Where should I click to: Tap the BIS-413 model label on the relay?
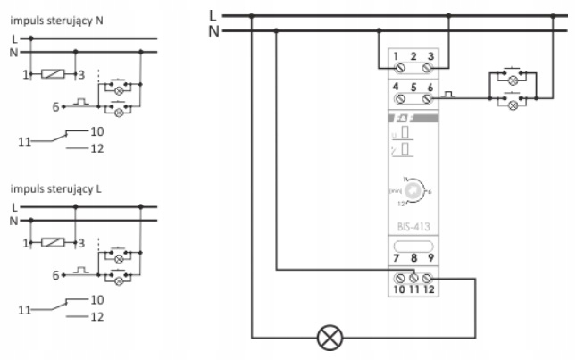tap(413, 227)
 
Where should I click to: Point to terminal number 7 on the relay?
tap(396, 259)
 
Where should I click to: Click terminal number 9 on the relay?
tap(430, 259)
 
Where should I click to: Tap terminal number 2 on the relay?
tap(413, 56)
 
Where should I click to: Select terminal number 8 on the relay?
tap(413, 259)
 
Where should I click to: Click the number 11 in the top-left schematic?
tap(23, 139)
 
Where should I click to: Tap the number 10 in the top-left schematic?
tap(97, 130)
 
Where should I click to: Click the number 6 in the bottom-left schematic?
tap(55, 275)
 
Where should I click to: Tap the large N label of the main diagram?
tap(212, 30)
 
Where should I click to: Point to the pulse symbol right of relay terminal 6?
tap(450, 92)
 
